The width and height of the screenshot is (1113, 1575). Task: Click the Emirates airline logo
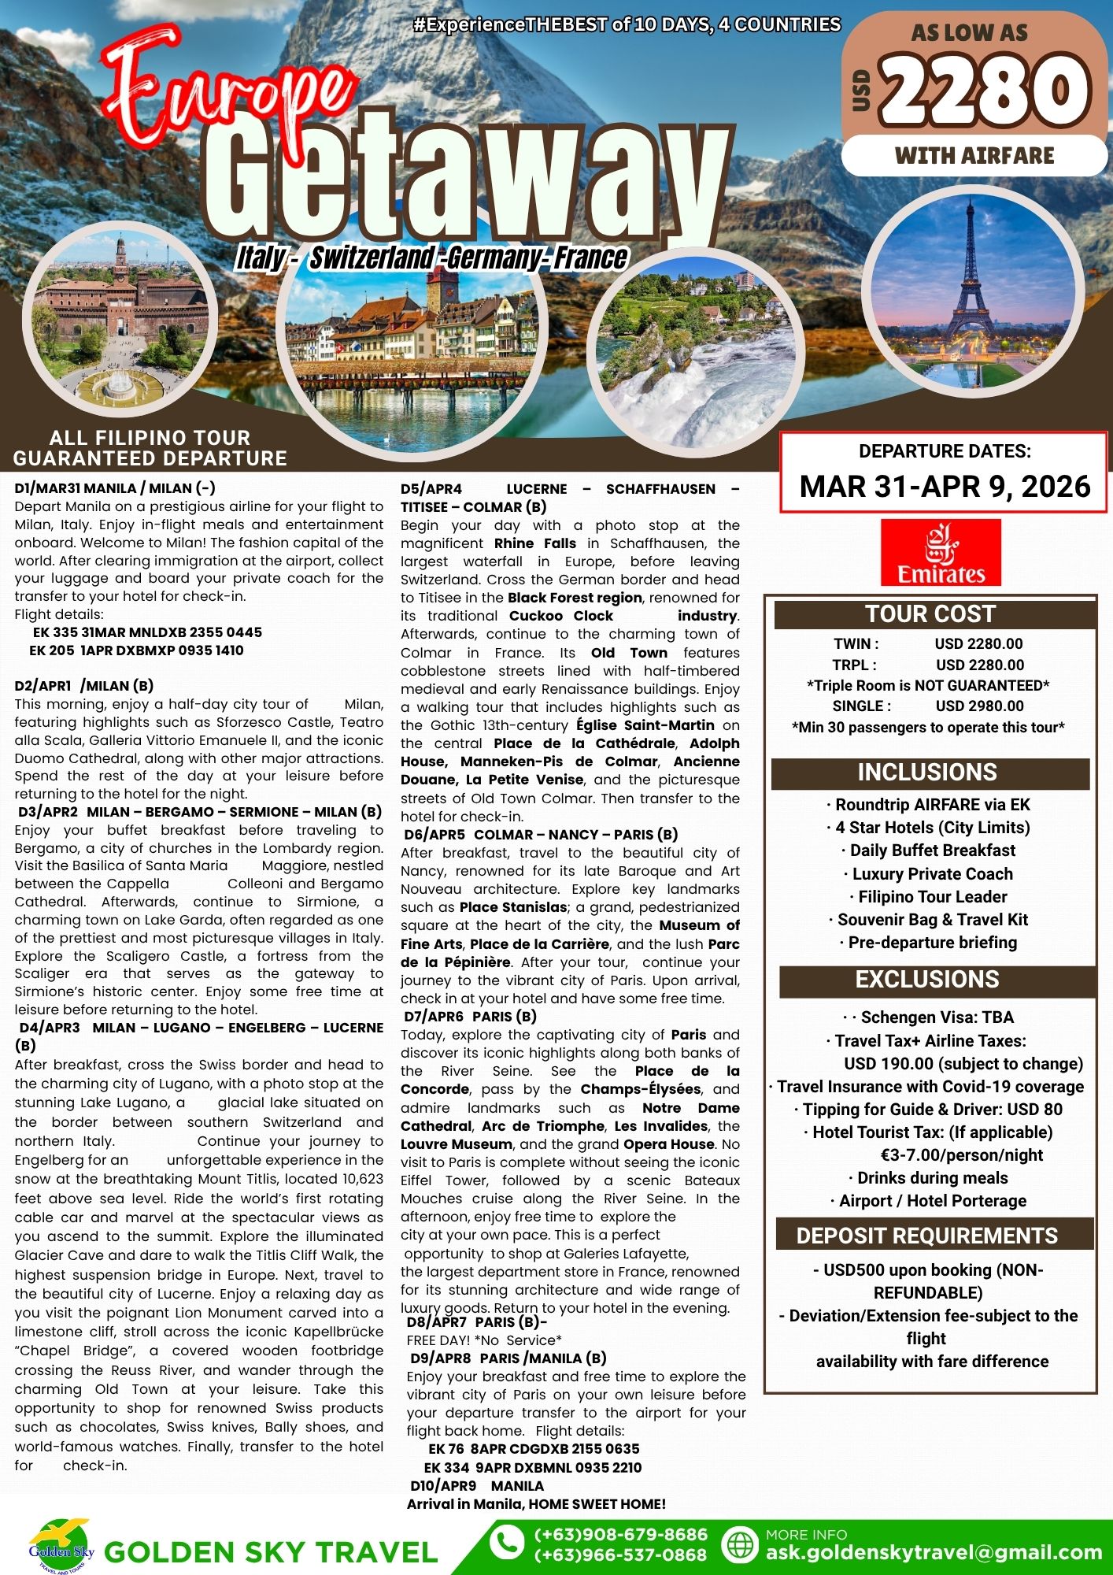click(x=941, y=552)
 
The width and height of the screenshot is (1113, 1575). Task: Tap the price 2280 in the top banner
click(x=985, y=90)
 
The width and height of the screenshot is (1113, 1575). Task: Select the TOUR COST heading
click(x=930, y=614)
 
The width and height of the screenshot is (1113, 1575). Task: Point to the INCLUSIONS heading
click(x=927, y=773)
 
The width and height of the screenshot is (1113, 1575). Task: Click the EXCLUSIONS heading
click(x=927, y=980)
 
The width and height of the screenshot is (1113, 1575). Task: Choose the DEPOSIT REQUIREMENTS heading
click(x=927, y=1236)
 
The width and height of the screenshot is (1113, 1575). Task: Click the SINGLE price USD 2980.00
click(x=979, y=706)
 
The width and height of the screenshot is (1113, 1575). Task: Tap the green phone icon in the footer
click(x=507, y=1543)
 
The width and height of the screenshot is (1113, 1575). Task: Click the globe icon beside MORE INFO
click(x=739, y=1544)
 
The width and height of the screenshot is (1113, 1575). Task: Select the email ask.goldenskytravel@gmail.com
click(x=934, y=1553)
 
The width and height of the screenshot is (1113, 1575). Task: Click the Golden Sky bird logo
click(x=61, y=1544)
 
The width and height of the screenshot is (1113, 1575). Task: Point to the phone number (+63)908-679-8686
click(x=621, y=1535)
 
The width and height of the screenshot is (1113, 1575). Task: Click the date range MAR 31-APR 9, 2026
click(x=945, y=487)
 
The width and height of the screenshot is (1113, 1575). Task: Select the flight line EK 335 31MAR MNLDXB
click(x=147, y=632)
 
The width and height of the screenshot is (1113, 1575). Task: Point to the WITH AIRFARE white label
click(x=974, y=156)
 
